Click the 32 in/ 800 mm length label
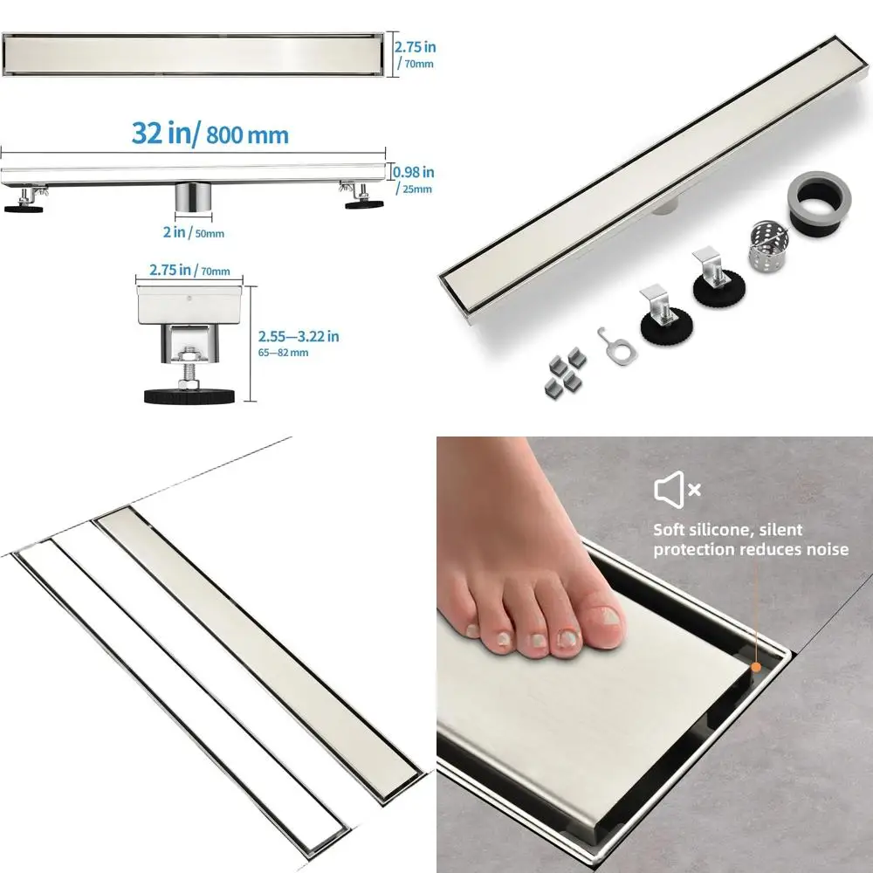coord(210,134)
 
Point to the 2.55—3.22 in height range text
coord(299,335)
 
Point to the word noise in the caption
coord(827,549)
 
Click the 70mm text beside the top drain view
coord(416,64)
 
